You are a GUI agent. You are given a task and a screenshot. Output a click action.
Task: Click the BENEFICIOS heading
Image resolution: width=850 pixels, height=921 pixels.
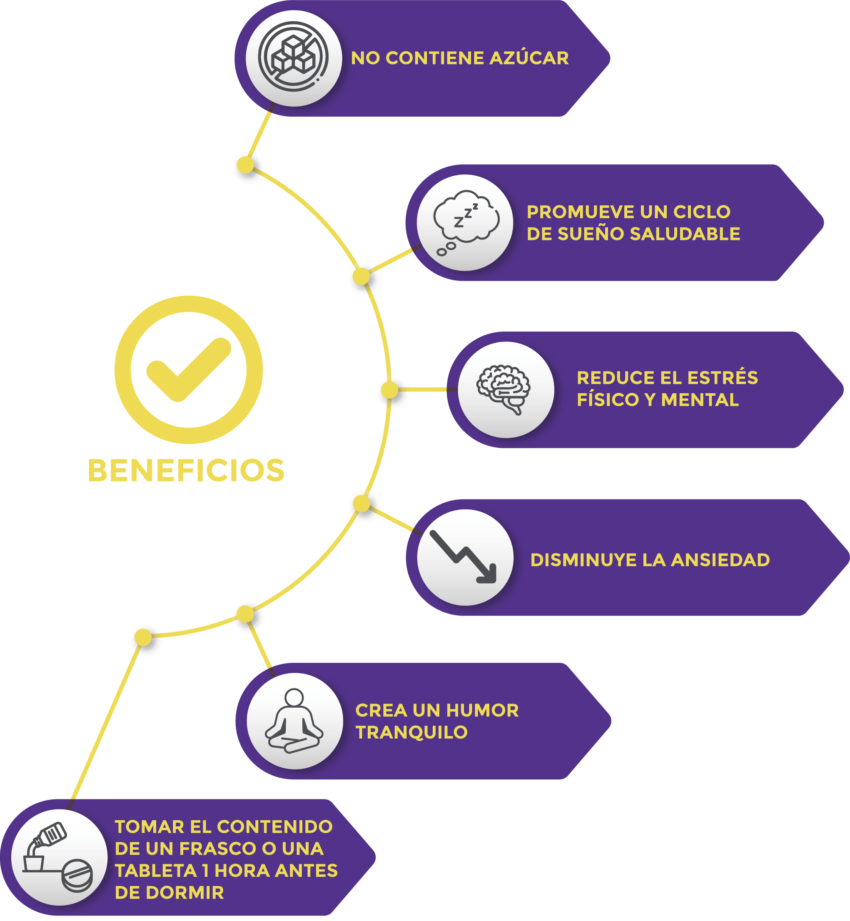186,471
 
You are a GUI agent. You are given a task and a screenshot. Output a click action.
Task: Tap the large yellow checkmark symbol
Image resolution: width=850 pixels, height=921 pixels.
188,369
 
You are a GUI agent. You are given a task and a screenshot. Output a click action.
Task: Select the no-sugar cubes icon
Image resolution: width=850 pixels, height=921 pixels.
294,58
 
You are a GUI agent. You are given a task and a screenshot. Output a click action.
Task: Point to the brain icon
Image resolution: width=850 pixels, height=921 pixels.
505,389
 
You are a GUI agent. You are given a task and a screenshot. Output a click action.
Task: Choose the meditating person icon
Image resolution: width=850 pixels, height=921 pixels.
294,721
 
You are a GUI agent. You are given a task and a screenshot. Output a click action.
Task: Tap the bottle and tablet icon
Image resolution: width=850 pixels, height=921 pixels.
58,857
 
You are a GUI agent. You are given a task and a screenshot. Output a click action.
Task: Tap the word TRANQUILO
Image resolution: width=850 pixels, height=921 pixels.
411,732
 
